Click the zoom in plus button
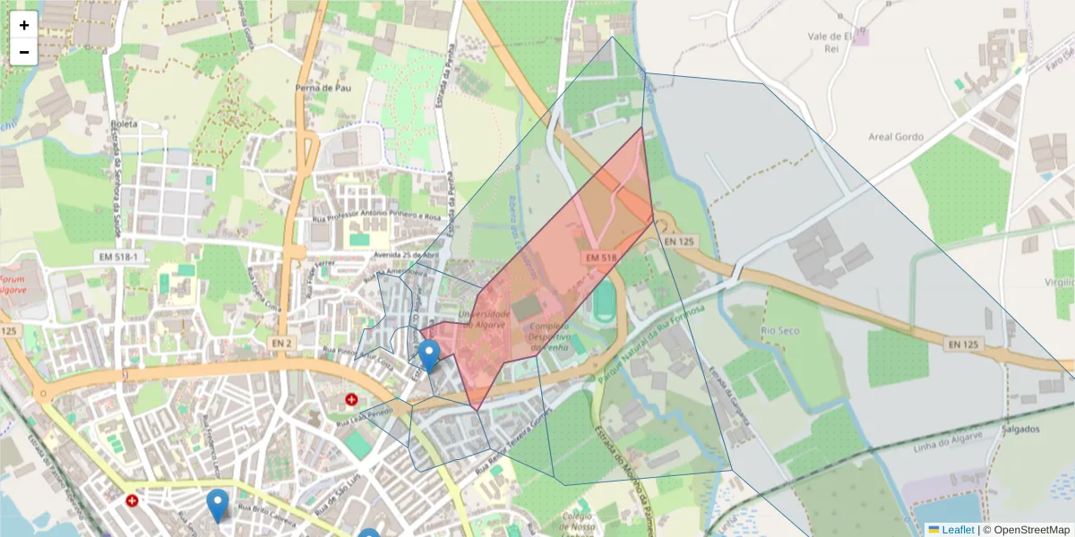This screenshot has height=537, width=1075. [24, 25]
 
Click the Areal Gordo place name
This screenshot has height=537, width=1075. [895, 137]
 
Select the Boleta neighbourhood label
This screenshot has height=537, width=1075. [123, 124]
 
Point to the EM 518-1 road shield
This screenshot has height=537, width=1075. [117, 257]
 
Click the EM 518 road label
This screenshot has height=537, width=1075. [602, 258]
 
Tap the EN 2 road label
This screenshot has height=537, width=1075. [282, 343]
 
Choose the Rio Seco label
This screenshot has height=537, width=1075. [778, 330]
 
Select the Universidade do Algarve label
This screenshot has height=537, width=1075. [485, 320]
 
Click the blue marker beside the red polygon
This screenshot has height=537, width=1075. [429, 355]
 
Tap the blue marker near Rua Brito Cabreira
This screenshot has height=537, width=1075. [217, 505]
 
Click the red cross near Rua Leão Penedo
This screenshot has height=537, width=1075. [352, 398]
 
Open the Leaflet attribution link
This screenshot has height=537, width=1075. [957, 530]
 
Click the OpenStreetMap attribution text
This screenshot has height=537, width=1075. [1027, 530]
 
